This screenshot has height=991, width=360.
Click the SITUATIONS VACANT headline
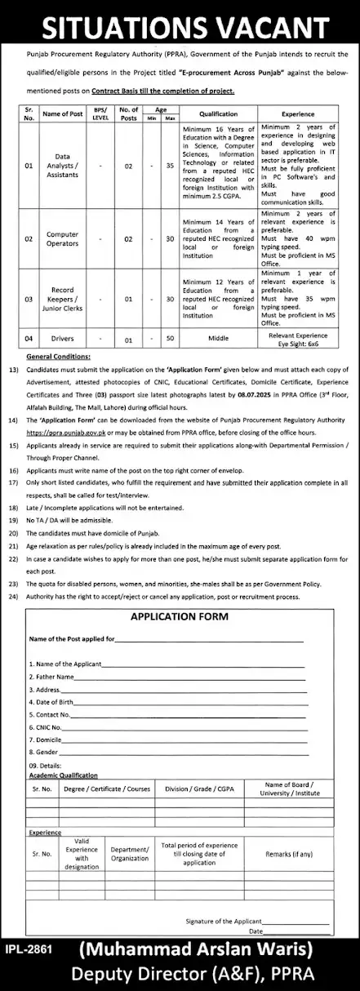pos(180,24)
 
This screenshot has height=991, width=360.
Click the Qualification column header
pos(214,115)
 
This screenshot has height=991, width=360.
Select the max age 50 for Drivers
pos(169,335)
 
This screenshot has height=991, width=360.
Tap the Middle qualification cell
pos(214,335)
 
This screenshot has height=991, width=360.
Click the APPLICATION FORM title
pos(180,617)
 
